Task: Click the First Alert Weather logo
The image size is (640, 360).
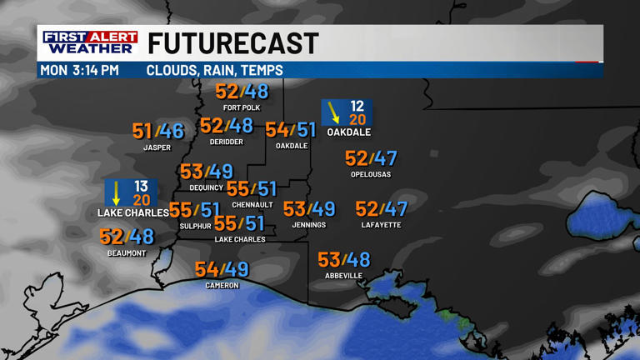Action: tap(90, 43)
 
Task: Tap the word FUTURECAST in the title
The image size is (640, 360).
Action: tap(233, 43)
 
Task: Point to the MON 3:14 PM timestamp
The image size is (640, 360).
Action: tap(79, 71)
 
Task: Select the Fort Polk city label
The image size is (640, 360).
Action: tap(242, 108)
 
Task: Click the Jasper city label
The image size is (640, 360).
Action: tap(157, 147)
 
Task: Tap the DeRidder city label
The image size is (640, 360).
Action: tap(227, 142)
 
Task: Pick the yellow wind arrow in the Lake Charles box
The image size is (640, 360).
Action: tap(117, 192)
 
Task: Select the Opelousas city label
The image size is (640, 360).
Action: tap(371, 174)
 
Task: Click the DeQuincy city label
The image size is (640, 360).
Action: tap(206, 187)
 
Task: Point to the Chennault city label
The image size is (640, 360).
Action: tap(252, 205)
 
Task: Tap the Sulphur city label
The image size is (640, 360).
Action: tap(196, 226)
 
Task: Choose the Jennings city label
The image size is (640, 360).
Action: tap(308, 225)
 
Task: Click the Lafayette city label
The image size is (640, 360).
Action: tap(382, 225)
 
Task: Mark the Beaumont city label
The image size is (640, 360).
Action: tap(127, 253)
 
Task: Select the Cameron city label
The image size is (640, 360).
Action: tap(222, 286)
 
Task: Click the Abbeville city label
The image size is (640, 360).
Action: tap(343, 276)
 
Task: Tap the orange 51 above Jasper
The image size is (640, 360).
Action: tap(142, 131)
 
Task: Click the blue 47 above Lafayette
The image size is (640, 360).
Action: tap(395, 209)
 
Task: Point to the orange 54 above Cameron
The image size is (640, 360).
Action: tap(207, 269)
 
